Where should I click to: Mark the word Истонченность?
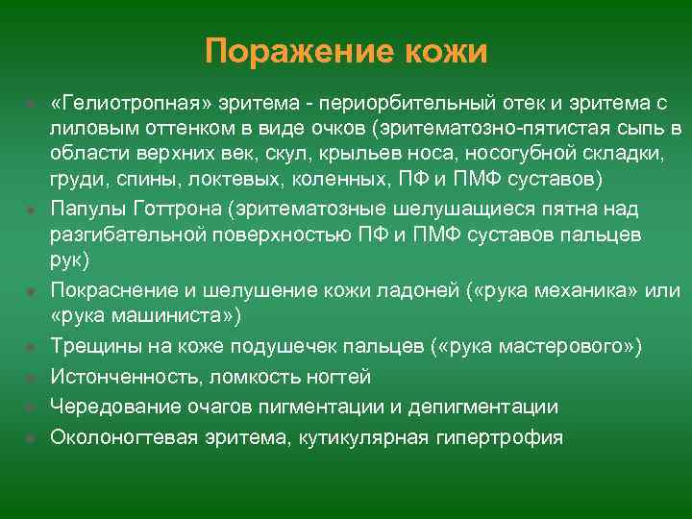click(x=114, y=376)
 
